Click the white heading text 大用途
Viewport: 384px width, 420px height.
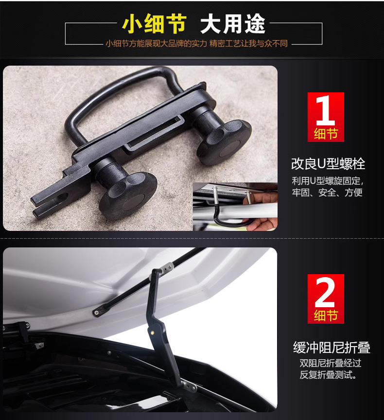click(233, 23)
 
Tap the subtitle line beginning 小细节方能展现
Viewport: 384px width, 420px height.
click(196, 43)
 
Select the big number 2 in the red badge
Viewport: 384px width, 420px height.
click(325, 292)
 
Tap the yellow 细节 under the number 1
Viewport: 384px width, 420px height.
click(326, 134)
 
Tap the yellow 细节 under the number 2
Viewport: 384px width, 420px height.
click(326, 316)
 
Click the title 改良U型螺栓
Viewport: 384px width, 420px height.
click(328, 163)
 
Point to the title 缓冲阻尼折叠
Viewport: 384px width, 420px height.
click(332, 348)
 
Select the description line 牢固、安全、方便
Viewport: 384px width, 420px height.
click(327, 193)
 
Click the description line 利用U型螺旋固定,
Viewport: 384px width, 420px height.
click(327, 181)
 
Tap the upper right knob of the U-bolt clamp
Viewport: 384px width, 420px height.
click(225, 141)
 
